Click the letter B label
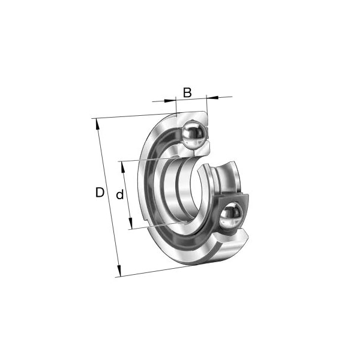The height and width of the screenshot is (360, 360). [x=187, y=92]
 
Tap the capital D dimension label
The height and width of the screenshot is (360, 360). [x=100, y=193]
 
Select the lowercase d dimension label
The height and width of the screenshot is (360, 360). [x=120, y=195]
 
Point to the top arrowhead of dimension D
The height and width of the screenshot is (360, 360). [x=98, y=124]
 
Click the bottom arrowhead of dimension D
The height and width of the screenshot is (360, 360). [x=119, y=271]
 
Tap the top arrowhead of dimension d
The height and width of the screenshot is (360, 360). [x=122, y=167]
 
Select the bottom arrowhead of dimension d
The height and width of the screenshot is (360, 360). [x=130, y=223]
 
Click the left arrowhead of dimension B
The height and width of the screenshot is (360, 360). [x=170, y=100]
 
